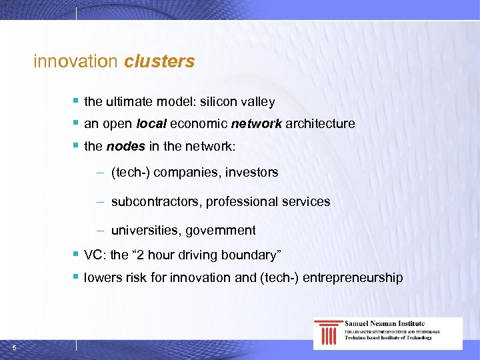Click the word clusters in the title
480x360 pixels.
[159, 61]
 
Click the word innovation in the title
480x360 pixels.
[75, 61]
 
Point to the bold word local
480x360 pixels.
[151, 124]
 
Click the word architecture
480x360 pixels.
[320, 124]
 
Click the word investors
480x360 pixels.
[251, 173]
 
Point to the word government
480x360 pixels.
[221, 230]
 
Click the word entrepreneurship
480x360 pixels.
[353, 277]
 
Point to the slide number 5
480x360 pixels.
[14, 346]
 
